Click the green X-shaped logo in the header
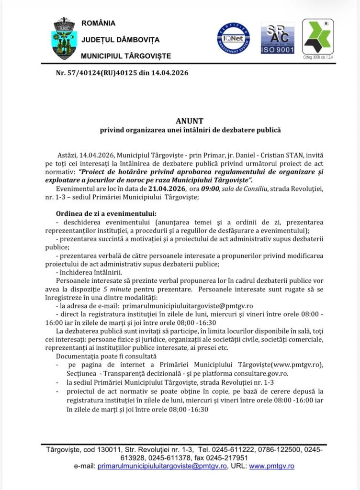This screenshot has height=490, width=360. [x=317, y=36]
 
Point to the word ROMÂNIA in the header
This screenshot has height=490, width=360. [x=98, y=23]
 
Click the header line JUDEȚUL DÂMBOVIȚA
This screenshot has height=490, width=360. [x=120, y=40]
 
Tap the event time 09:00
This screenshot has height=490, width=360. [x=211, y=189]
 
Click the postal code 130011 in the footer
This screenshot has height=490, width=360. [x=102, y=449]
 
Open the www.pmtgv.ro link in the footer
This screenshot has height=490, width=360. [x=271, y=466]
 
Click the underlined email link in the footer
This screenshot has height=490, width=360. [x=163, y=466]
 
